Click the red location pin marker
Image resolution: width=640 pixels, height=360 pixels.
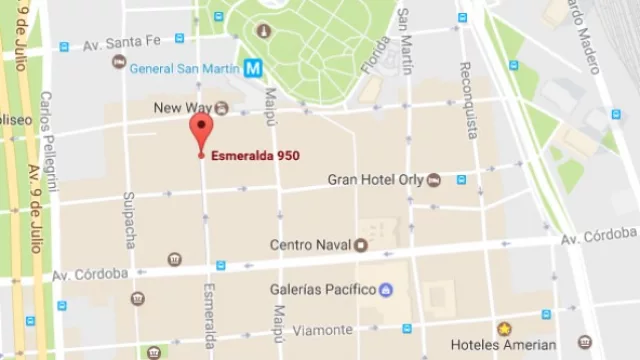tap(201, 131)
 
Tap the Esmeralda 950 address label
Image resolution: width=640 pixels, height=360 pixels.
tap(254, 156)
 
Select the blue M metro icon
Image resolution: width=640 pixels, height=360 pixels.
tap(255, 68)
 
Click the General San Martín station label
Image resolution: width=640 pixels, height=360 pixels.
tap(184, 68)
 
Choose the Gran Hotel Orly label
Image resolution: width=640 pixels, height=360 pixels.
tap(375, 180)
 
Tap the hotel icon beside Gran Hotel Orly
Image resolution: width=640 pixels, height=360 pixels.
tap(434, 180)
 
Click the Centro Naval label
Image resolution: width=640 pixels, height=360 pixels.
tap(310, 244)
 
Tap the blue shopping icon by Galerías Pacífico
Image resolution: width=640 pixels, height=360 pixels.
tap(386, 290)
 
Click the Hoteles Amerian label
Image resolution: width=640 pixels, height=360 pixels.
tap(503, 345)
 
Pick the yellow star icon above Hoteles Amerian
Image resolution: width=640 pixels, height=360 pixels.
tap(504, 328)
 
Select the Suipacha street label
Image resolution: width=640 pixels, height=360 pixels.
tap(129, 220)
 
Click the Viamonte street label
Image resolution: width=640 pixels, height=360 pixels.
tap(323, 329)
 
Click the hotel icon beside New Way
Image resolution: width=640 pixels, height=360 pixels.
tap(222, 107)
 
